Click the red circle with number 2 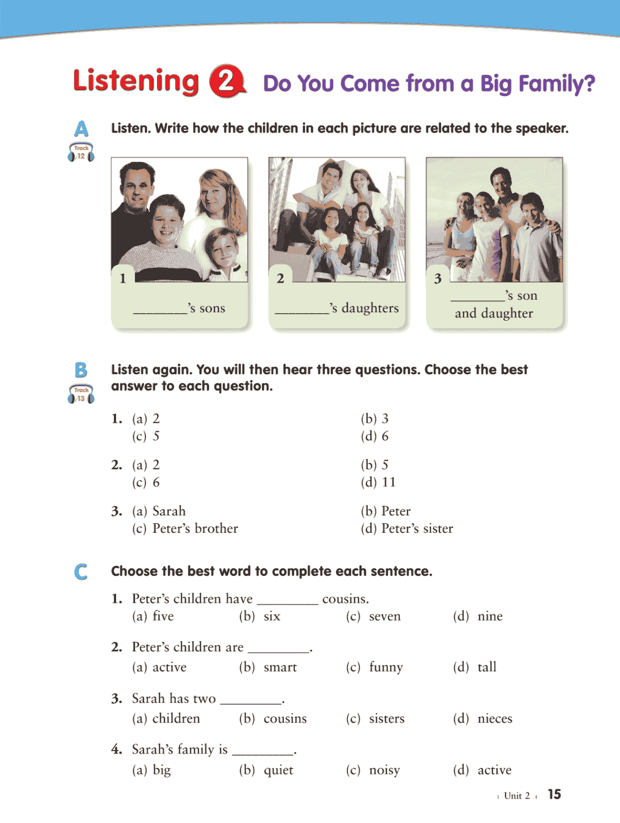tap(227, 81)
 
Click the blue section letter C tap(80, 572)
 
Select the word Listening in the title tap(136, 81)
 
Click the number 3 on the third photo tap(438, 279)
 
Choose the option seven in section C tap(384, 616)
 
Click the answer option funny tap(385, 667)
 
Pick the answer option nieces tap(494, 719)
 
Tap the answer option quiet tap(278, 770)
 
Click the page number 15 tap(554, 794)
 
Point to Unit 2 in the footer tap(516, 795)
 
